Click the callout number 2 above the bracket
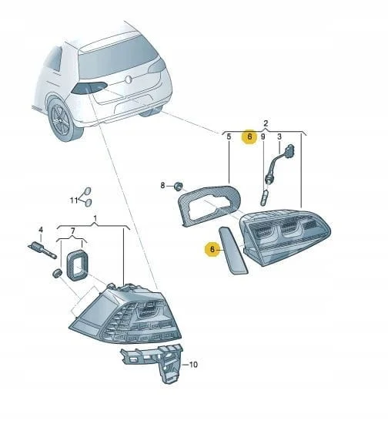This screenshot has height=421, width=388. tap(266, 123)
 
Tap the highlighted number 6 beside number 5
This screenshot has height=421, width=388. tap(249, 136)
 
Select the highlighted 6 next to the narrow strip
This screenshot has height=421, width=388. tap(212, 249)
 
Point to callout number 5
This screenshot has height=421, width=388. tap(229, 136)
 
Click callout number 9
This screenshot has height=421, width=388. tap(263, 136)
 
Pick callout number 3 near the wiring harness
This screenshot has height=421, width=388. tap(279, 136)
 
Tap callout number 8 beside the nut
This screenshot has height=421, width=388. tap(162, 185)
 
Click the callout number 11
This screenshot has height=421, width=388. tap(74, 200)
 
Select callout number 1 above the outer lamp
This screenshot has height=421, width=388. tap(95, 219)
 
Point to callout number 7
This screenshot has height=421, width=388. tap(72, 231)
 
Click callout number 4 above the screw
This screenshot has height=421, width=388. tap(41, 230)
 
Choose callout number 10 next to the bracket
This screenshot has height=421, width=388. tap(193, 365)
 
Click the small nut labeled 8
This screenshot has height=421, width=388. tap(178, 186)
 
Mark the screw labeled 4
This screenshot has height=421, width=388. tap(43, 250)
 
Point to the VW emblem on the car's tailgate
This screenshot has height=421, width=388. tap(129, 79)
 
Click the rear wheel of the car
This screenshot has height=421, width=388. tap(62, 120)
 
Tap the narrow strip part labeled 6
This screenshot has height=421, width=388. tap(233, 251)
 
